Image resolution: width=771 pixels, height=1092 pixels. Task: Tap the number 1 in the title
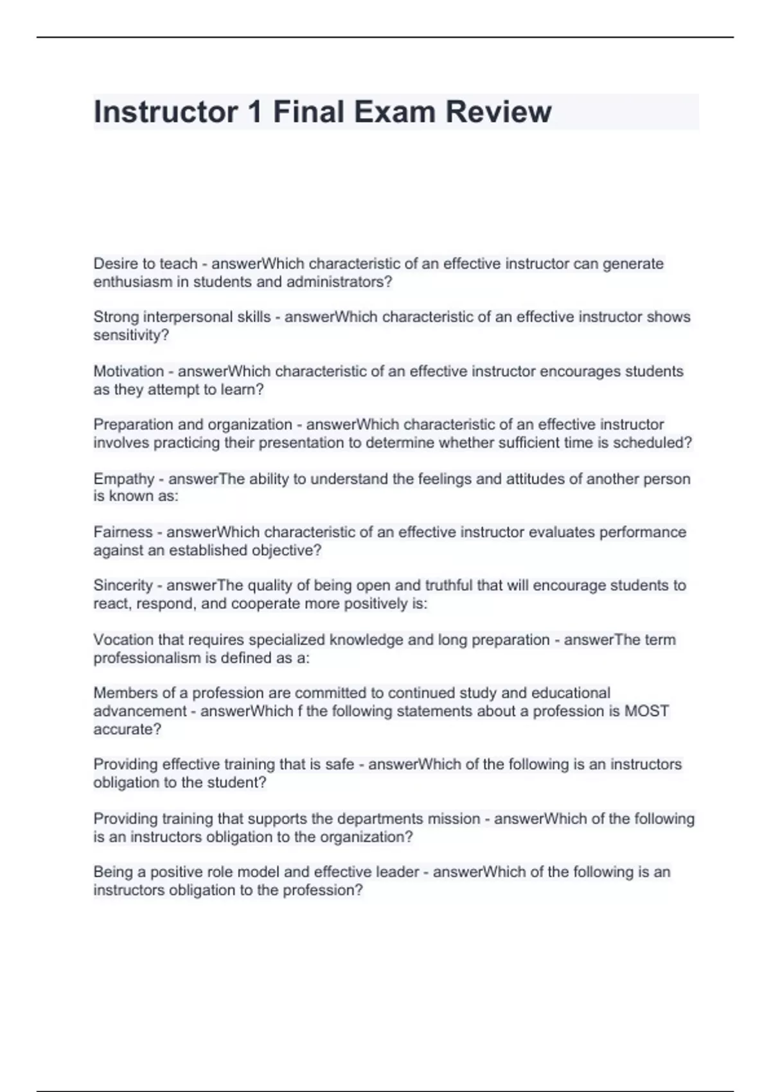[x=254, y=112]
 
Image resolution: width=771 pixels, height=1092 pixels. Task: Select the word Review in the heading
[x=499, y=112]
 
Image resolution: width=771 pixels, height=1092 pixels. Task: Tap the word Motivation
[x=128, y=371]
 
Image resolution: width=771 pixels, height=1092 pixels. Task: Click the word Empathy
[x=124, y=479]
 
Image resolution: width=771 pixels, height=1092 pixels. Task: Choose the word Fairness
[x=123, y=533]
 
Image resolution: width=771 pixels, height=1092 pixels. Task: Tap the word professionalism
[x=147, y=658]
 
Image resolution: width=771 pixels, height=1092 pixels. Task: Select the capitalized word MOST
[x=647, y=712]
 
